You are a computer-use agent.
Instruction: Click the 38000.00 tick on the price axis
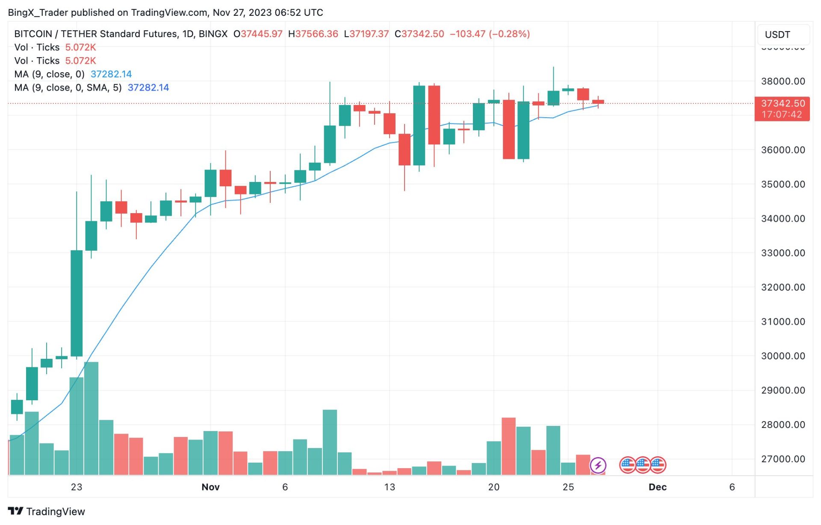point(783,81)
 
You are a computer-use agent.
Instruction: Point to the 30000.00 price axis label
point(783,356)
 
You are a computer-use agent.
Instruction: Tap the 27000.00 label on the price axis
point(783,459)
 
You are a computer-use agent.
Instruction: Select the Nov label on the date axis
point(210,487)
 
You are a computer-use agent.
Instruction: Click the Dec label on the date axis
point(657,487)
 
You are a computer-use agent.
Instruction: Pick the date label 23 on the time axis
point(77,487)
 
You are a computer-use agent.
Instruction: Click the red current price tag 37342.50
point(783,103)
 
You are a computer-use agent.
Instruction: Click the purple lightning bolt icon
point(598,465)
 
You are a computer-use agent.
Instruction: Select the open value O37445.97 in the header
point(258,34)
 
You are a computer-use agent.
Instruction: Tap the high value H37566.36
point(313,34)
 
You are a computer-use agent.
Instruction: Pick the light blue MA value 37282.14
point(111,74)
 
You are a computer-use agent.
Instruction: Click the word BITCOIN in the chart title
point(33,34)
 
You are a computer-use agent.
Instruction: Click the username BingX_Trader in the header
point(38,12)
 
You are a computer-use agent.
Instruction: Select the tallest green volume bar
point(91,419)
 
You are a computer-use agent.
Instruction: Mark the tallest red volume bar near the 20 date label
point(508,446)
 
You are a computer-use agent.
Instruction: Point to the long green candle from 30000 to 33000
point(77,303)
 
